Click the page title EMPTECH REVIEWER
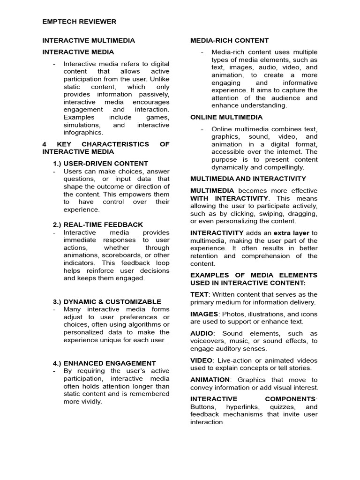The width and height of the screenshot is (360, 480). click(x=79, y=22)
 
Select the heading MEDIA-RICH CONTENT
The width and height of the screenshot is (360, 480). click(x=229, y=41)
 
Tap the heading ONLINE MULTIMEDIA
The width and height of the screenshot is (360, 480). click(x=226, y=117)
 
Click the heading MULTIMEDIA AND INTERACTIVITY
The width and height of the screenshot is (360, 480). click(x=248, y=179)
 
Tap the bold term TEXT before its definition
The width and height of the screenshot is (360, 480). click(x=199, y=294)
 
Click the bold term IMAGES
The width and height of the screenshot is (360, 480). click(x=204, y=314)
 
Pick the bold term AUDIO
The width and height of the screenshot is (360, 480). click(x=202, y=333)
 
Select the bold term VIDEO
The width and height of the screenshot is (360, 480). click(x=201, y=360)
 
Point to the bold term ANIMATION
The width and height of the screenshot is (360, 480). click(x=210, y=380)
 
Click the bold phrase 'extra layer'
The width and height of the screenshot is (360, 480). click(x=291, y=233)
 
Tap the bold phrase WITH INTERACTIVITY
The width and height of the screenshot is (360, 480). click(x=229, y=198)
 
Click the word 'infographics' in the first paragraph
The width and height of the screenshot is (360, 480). click(x=83, y=133)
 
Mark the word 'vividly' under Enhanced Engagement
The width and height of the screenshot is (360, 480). click(x=90, y=402)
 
